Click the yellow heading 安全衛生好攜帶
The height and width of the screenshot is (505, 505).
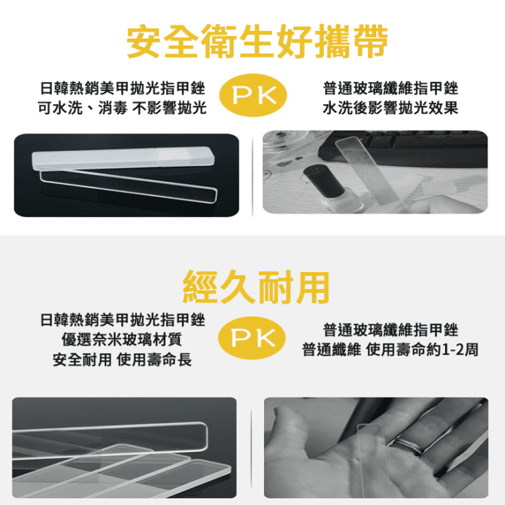[x=257, y=43]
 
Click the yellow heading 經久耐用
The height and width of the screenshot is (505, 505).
[x=256, y=287]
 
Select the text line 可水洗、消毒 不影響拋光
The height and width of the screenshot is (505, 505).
[x=122, y=109]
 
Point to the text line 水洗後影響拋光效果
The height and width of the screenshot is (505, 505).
[x=390, y=109]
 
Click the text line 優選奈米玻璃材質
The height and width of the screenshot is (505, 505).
[x=122, y=340]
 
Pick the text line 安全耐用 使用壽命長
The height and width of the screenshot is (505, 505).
[x=122, y=360]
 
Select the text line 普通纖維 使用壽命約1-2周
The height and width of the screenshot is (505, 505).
[x=390, y=349]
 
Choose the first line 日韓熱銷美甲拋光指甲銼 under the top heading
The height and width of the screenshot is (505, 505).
[x=122, y=89]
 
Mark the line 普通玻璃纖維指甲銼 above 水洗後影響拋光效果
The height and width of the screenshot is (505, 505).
[x=390, y=89]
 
